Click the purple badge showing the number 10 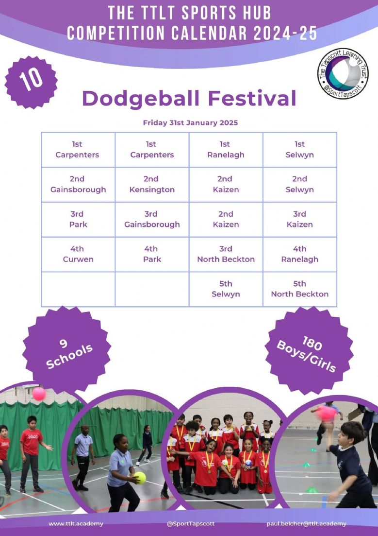[31, 83]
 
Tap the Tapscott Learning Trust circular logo [343, 73]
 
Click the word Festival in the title [252, 99]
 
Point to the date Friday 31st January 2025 [190, 123]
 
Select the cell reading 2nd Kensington [152, 185]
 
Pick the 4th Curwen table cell [78, 254]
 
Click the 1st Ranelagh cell [226, 150]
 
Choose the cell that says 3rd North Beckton [226, 254]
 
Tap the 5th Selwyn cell [226, 289]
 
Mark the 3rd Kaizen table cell [300, 220]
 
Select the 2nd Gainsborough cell [78, 185]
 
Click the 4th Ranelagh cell [300, 254]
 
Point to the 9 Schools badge [67, 350]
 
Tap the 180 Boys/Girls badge [309, 350]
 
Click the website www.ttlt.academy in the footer [76, 524]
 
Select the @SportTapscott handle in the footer [191, 524]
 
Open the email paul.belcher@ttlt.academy [306, 524]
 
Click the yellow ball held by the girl [140, 478]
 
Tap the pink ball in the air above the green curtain [39, 394]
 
